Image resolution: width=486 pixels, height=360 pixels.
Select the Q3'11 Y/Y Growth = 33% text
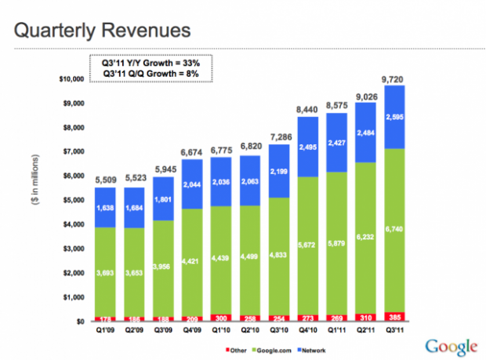click(x=149, y=63)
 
